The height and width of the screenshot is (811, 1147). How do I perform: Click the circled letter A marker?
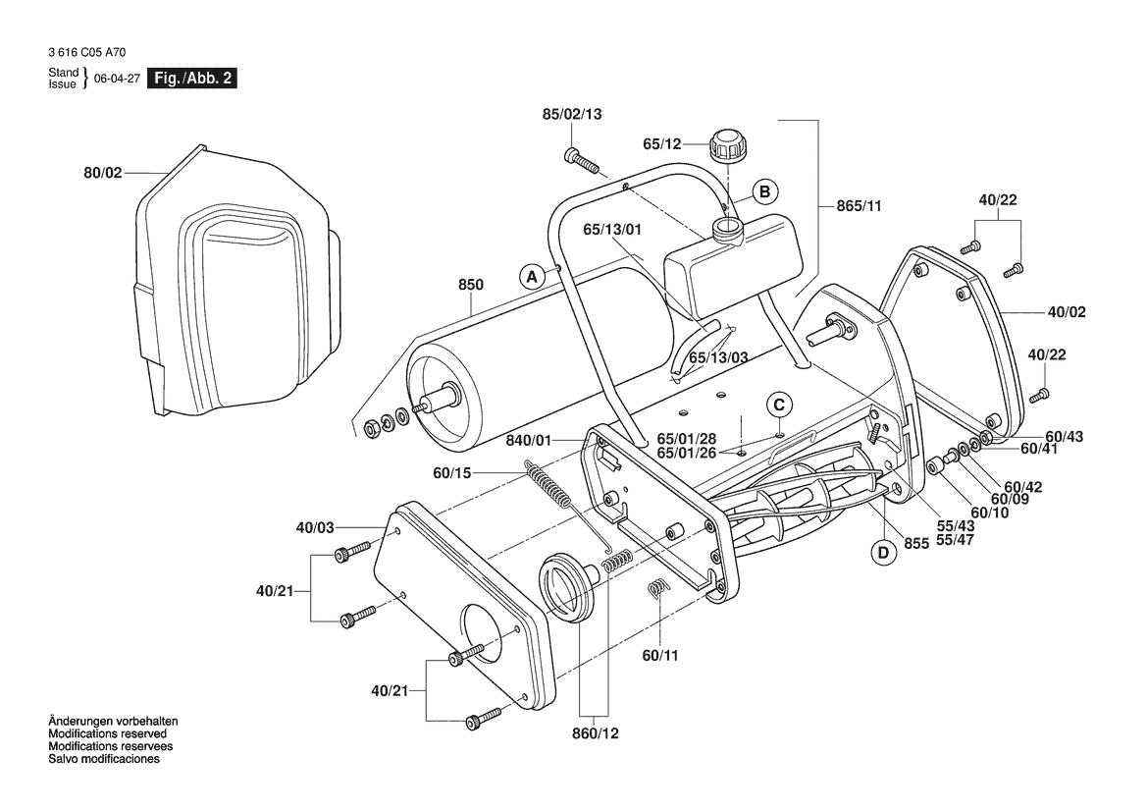point(533,276)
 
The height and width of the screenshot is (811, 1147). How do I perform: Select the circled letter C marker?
point(778,404)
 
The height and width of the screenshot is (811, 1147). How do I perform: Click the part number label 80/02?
point(102,173)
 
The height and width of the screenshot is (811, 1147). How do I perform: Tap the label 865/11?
point(860,206)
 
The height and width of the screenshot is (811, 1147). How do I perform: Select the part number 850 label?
point(471,286)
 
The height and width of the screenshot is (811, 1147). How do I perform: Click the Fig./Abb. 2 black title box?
point(190,79)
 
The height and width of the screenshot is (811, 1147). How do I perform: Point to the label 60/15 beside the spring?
point(452,473)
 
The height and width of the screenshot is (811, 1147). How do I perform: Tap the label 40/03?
point(314,527)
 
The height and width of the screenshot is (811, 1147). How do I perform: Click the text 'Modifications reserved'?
point(107,733)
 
